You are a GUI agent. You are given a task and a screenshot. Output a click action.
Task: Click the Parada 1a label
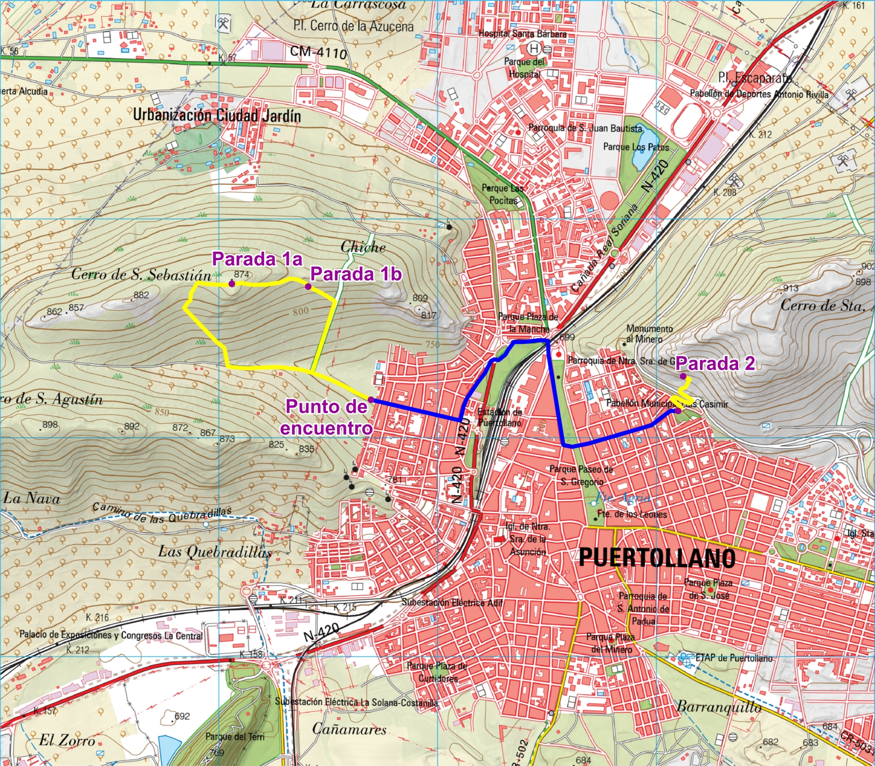coord(257,259)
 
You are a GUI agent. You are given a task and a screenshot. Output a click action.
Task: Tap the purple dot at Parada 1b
coord(308,287)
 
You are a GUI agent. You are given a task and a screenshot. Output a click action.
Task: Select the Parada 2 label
coord(715,363)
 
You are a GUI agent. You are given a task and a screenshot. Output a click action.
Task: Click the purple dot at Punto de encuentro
coord(371,400)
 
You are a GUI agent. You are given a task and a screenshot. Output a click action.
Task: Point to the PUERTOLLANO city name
coord(657,558)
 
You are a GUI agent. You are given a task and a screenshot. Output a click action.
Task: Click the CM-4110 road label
coord(318,53)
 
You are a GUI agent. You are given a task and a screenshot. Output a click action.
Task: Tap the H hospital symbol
coord(533,48)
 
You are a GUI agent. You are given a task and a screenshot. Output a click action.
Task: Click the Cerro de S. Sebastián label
coord(141,275)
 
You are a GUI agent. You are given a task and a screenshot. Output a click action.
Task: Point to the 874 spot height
coord(241,274)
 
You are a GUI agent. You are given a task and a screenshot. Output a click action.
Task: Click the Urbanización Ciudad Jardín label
coord(217,116)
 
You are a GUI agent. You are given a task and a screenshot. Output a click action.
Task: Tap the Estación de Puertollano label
coord(499,417)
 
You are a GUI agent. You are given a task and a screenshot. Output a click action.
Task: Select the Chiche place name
coord(363,247)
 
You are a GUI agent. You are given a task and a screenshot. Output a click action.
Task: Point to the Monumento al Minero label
coord(649,334)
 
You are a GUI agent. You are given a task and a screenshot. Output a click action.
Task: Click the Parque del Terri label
coord(235,736)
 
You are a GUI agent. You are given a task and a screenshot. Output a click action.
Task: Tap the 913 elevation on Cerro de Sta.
coord(791,288)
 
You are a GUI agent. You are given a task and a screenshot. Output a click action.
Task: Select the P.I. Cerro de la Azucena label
coord(353,26)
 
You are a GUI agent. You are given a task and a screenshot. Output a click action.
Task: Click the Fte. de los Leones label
coord(632,514)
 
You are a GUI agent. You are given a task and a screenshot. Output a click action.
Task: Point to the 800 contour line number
coord(301,311)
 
